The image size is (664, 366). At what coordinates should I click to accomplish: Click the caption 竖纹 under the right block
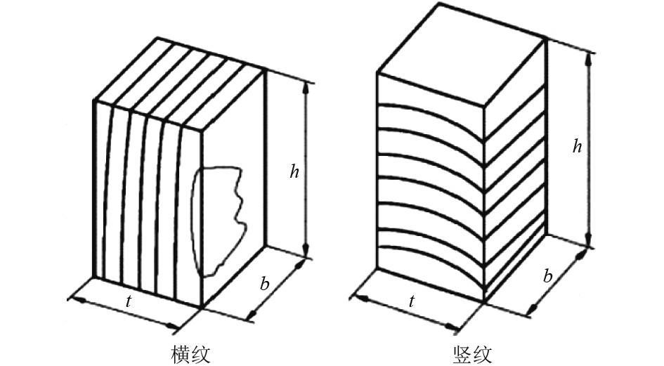click(x=473, y=353)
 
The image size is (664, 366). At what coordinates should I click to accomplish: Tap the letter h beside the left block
click(x=296, y=171)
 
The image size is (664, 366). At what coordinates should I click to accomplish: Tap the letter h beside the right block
click(x=577, y=146)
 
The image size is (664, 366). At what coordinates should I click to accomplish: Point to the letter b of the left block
click(x=264, y=284)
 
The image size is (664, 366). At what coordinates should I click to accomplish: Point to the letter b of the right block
click(x=547, y=276)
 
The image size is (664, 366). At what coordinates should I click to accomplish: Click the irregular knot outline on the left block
click(x=220, y=218)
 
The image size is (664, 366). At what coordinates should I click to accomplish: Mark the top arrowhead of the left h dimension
click(x=306, y=86)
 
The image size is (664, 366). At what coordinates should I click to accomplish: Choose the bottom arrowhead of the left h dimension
click(x=306, y=254)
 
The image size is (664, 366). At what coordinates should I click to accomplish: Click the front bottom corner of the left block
click(x=202, y=307)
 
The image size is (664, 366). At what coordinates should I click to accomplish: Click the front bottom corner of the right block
click(x=485, y=302)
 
